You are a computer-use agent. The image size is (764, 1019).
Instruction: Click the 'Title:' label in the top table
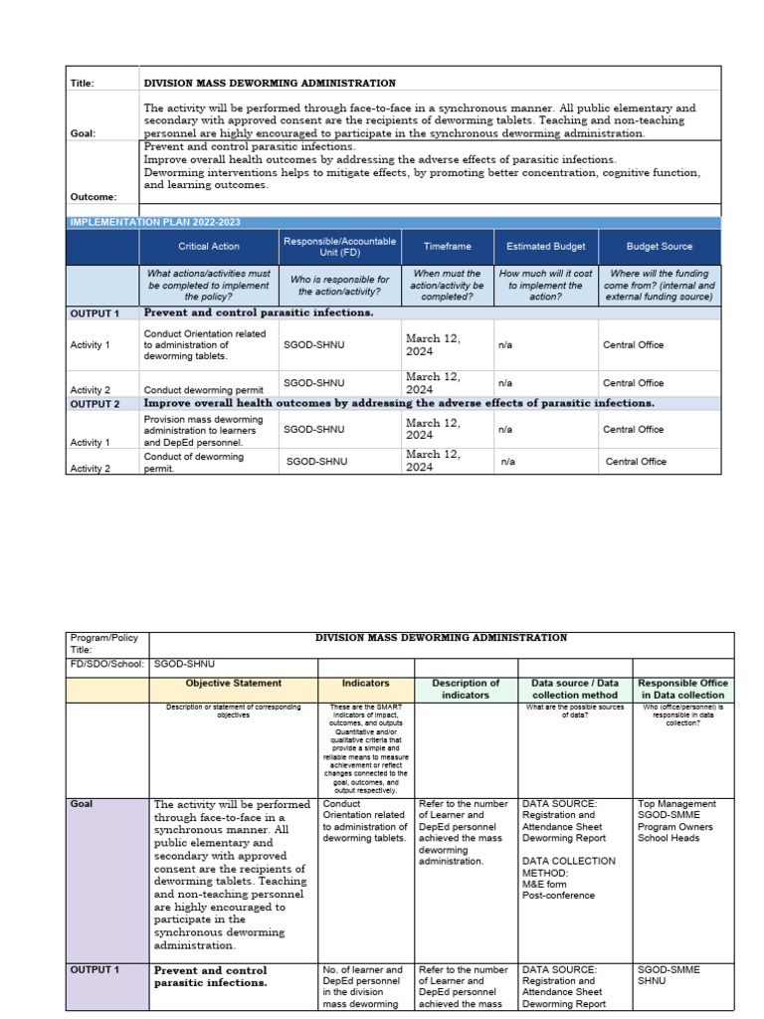(x=82, y=84)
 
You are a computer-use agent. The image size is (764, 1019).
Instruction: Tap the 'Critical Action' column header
(x=208, y=246)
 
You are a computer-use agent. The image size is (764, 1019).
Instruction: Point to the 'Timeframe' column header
(x=447, y=246)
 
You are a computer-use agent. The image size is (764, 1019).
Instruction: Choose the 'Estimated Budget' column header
(x=546, y=246)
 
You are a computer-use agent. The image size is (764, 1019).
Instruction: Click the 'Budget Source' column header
(x=659, y=246)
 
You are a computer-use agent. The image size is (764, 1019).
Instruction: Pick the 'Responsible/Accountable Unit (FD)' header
(x=339, y=246)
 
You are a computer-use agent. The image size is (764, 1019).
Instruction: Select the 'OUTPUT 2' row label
(x=95, y=404)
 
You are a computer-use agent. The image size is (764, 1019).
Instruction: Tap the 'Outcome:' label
(x=93, y=197)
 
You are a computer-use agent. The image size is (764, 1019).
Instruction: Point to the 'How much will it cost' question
(x=546, y=285)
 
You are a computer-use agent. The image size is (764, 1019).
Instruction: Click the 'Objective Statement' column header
(x=233, y=684)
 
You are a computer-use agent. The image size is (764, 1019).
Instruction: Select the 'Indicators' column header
(x=365, y=684)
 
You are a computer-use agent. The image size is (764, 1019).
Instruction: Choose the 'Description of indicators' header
(x=466, y=689)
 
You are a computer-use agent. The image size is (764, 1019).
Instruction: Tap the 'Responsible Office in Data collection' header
(x=682, y=689)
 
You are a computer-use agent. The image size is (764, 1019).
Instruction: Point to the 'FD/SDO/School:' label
(x=106, y=664)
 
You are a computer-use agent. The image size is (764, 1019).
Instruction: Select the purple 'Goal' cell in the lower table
(x=107, y=876)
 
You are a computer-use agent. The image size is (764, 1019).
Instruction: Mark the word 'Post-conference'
(x=559, y=896)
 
